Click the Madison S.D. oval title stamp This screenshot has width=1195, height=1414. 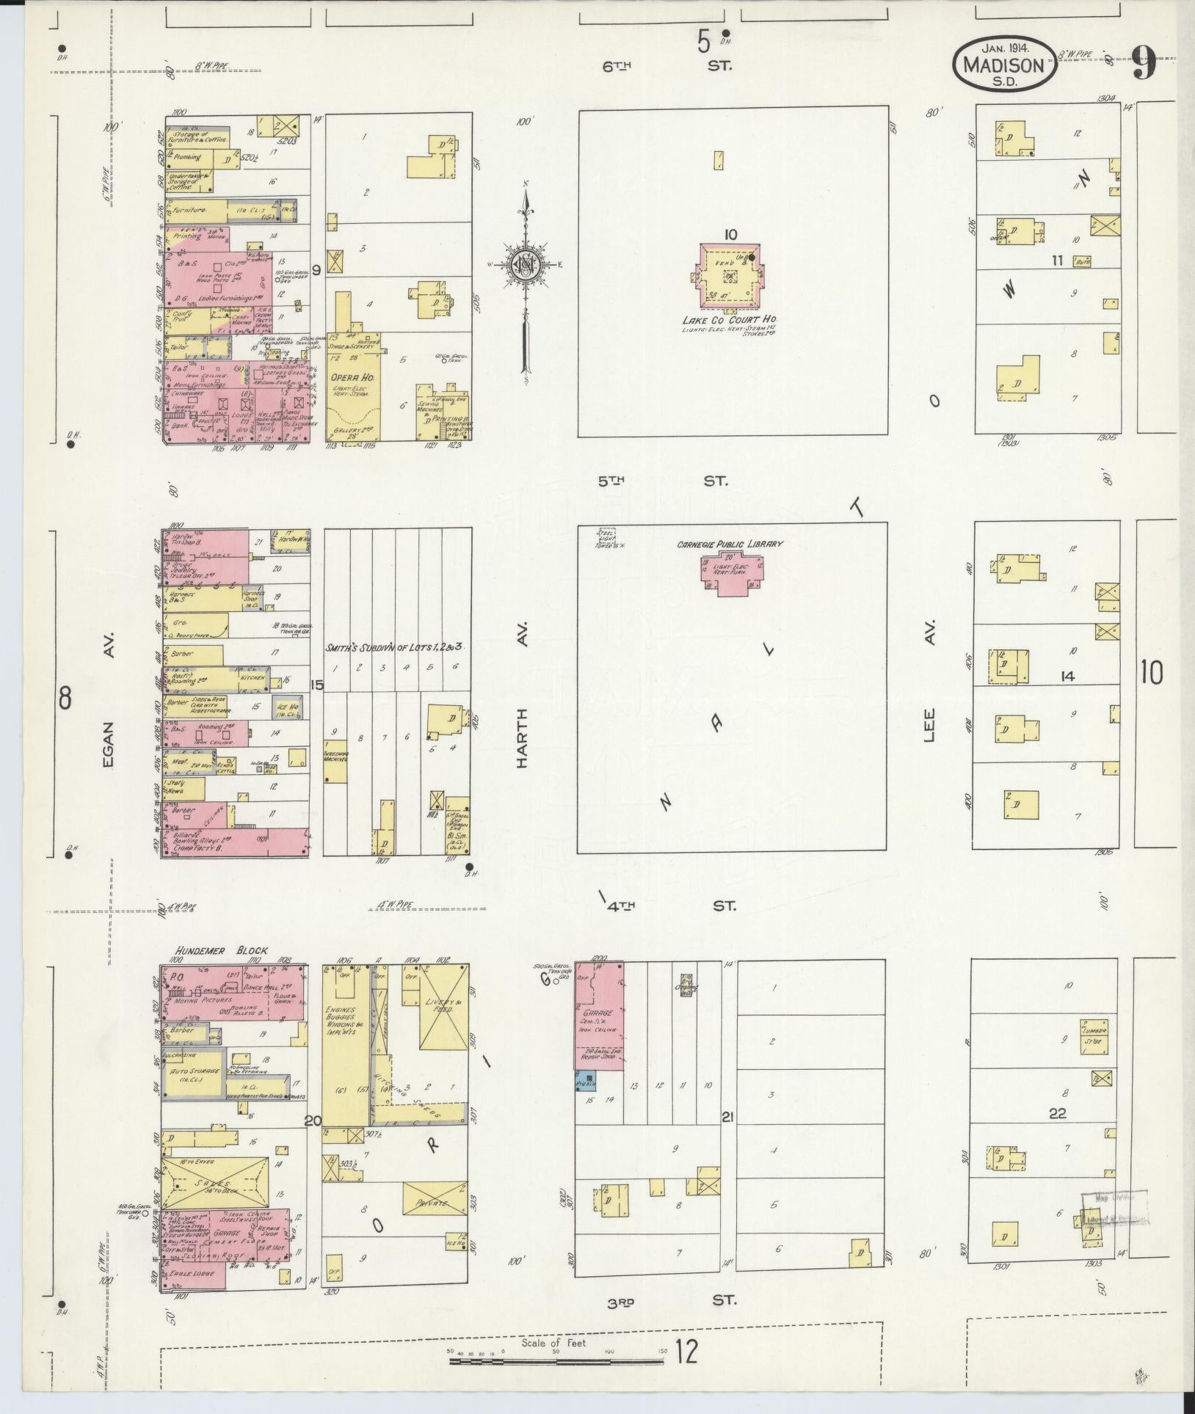[1004, 65]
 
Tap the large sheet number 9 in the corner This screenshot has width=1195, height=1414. [1144, 64]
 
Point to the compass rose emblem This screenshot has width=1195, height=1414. [526, 265]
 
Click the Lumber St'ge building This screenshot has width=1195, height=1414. [1093, 1036]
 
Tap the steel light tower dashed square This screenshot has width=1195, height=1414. [606, 537]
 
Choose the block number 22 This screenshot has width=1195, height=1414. [1057, 1134]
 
